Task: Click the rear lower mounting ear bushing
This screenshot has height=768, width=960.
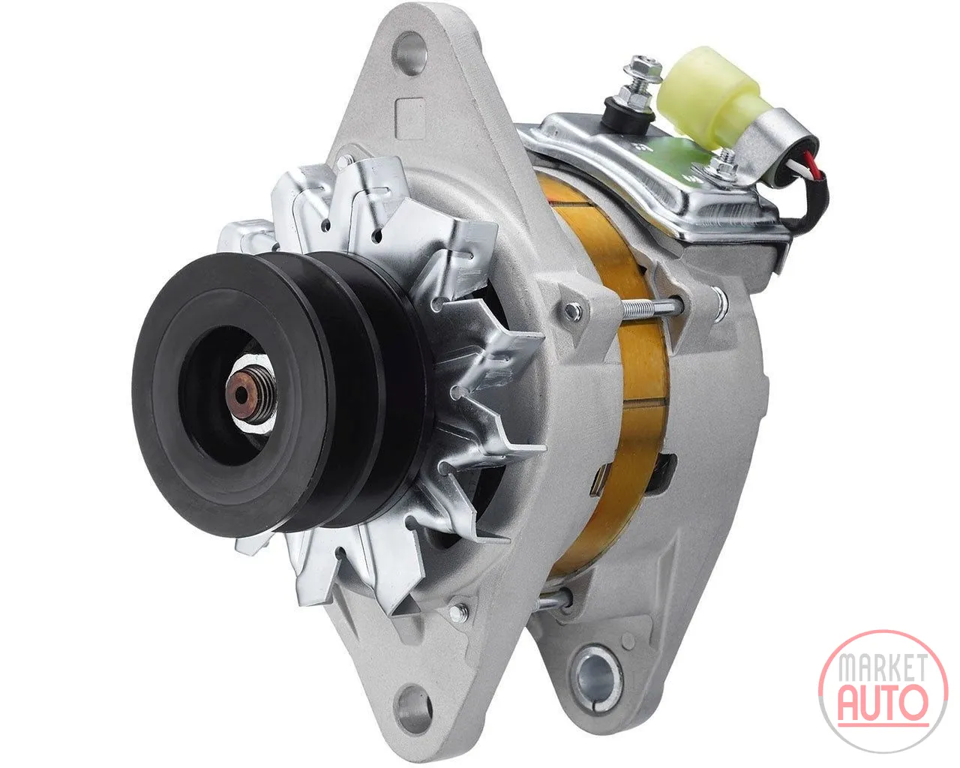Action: (x=598, y=675)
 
